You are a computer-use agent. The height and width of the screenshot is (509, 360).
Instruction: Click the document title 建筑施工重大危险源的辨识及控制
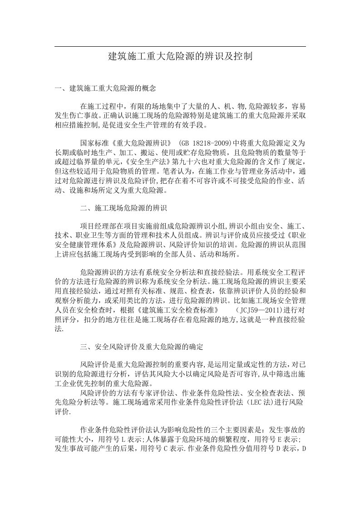180,57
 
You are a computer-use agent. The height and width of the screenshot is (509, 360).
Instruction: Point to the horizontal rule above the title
180,47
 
